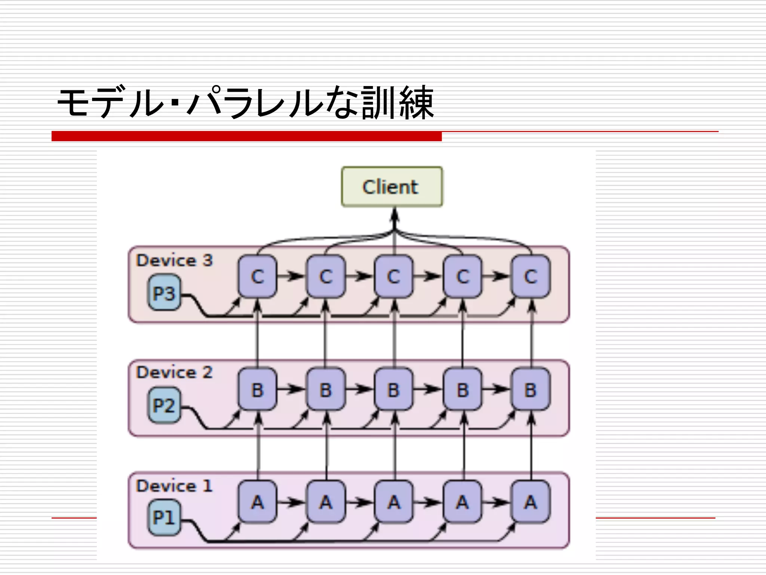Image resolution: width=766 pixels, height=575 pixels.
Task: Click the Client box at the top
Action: click(392, 186)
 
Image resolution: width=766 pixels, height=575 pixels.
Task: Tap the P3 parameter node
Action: click(164, 293)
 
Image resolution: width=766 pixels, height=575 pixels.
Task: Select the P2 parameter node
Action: click(164, 405)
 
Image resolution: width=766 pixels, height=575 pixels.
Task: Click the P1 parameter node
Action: click(164, 518)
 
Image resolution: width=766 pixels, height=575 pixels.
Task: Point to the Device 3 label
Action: click(174, 261)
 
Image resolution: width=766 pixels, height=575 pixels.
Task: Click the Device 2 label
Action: click(174, 372)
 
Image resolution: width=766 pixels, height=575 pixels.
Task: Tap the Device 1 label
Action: click(174, 486)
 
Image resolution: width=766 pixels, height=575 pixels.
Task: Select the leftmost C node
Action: click(257, 277)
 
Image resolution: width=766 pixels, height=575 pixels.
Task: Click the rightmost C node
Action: click(531, 277)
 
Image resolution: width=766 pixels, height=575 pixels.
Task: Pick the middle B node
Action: click(394, 390)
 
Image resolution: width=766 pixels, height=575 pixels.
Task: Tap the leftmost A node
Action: click(257, 502)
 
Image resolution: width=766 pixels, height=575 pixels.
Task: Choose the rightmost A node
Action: click(531, 502)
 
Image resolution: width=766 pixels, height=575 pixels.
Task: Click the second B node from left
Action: click(326, 390)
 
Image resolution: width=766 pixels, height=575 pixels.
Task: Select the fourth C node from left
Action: click(462, 277)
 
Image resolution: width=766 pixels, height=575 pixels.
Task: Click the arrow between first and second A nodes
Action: click(291, 502)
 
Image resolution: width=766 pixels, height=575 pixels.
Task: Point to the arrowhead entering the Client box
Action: click(394, 215)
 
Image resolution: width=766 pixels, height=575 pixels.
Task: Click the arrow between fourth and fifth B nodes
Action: click(496, 389)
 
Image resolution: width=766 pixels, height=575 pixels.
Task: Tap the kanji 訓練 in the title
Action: click(398, 103)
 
